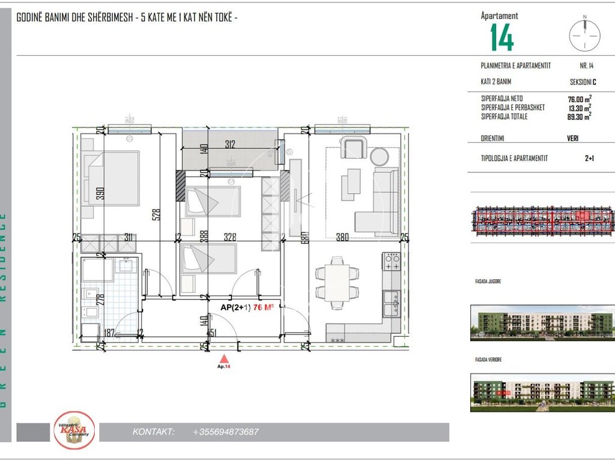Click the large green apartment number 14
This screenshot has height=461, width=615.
pos(502,38)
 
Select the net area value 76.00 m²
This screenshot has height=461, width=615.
pos(580,100)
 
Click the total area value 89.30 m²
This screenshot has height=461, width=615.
pos(580,116)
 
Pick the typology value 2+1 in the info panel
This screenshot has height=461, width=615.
pos(590,159)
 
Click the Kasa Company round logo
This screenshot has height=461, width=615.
pos(74,430)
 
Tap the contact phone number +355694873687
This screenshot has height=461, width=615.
pos(226,432)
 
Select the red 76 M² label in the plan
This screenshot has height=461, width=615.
pos(264,307)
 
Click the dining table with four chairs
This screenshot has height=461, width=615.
pos(338,282)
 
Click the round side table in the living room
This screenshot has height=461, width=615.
pos(380,157)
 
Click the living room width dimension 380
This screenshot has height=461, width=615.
pos(342,237)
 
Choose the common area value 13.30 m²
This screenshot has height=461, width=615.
pos(578,108)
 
